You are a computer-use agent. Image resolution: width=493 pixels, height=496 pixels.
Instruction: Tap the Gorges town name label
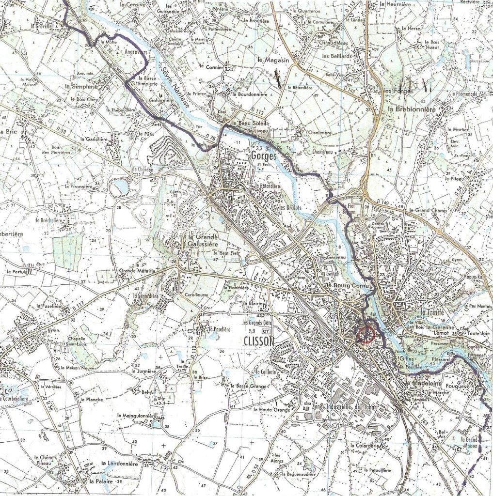264,156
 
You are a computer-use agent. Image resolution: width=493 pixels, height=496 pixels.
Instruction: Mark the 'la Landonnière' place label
120,464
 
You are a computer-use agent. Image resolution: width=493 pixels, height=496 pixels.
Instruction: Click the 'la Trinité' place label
432,312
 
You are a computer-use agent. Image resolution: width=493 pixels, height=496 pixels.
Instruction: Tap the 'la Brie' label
7,131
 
